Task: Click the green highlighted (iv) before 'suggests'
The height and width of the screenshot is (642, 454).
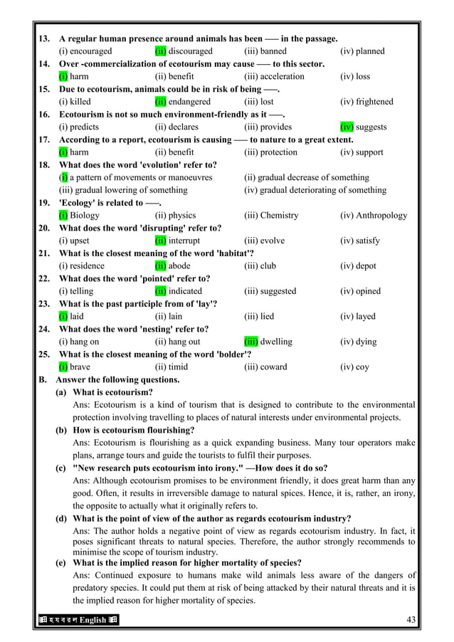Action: click(347, 127)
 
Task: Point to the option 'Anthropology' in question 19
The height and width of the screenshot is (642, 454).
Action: click(382, 215)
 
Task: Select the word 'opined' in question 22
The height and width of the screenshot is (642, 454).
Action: click(369, 291)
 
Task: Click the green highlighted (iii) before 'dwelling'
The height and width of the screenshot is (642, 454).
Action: click(250, 342)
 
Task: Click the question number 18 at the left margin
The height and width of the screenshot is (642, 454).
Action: click(43, 164)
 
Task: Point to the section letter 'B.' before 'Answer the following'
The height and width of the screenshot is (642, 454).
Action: click(43, 379)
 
